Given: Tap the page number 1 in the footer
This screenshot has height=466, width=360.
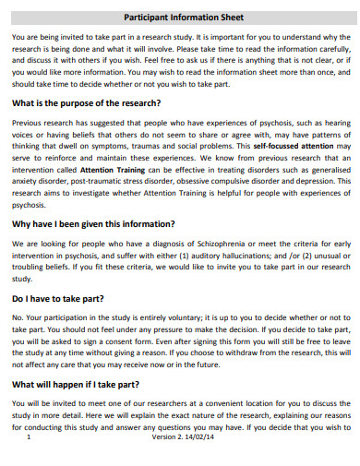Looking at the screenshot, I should tap(30, 437).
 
